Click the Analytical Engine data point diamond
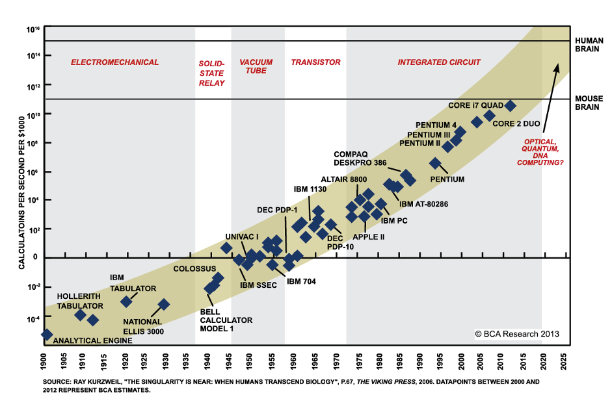pos(46,334)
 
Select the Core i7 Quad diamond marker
pos(511,105)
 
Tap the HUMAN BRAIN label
pos(589,44)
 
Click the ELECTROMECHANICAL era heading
pos(114,62)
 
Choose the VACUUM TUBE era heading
pos(256,66)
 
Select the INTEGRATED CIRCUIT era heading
pos(439,62)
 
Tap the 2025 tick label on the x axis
pos(563,358)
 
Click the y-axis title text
pos(21,188)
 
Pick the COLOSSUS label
pos(194,268)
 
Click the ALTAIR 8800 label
pos(344,179)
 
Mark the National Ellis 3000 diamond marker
pos(163,304)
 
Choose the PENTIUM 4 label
pos(436,125)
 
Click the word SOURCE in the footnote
pos(57,382)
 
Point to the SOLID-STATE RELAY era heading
pos(211,73)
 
